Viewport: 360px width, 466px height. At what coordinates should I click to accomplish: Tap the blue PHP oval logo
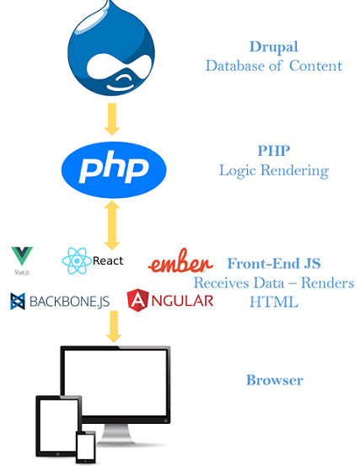[114, 169]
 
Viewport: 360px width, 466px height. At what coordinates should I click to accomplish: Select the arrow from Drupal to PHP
[112, 119]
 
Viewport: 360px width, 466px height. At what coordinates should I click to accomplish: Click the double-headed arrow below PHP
[112, 225]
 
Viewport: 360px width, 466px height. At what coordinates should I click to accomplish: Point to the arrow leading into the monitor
[114, 327]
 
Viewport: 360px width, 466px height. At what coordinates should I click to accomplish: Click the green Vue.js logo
[22, 256]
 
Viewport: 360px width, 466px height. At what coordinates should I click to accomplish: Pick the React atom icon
[77, 260]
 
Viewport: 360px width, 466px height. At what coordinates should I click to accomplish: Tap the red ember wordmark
[180, 260]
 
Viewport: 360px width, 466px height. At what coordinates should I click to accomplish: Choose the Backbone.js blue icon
[18, 301]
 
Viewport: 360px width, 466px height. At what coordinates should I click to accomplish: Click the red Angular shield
[137, 300]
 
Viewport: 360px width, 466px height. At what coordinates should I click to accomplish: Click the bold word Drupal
[273, 46]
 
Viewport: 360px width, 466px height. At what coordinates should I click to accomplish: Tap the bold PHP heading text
[274, 150]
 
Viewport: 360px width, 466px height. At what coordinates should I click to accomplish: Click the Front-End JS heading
[274, 263]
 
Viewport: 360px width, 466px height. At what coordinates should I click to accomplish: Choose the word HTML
[274, 302]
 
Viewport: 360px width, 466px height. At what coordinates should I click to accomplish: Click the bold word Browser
[275, 380]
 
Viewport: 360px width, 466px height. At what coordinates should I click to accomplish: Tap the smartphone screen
[86, 447]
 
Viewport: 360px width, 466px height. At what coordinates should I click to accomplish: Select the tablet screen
[59, 426]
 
